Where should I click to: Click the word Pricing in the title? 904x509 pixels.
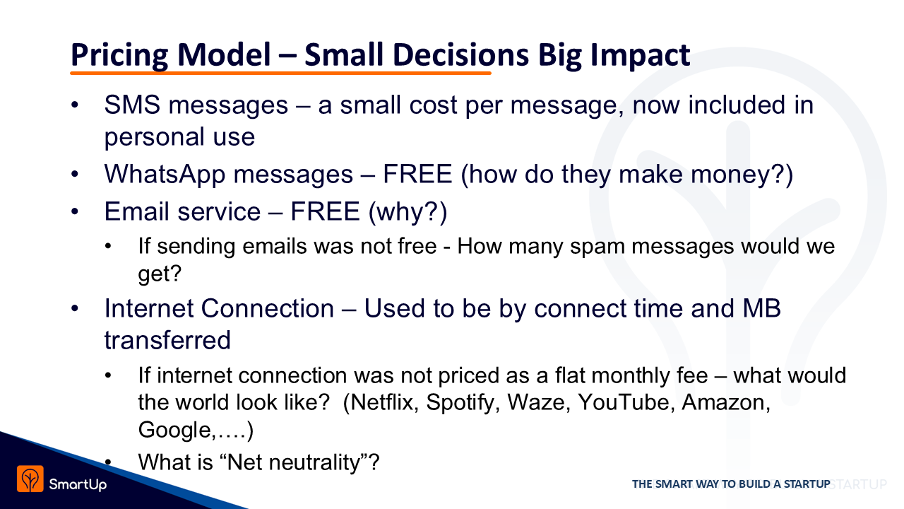[x=119, y=55]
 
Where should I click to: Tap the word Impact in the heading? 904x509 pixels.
[x=640, y=55]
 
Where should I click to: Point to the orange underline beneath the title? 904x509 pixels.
[x=280, y=73]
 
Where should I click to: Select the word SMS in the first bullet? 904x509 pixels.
[x=132, y=105]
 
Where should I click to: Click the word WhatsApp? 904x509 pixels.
[x=165, y=175]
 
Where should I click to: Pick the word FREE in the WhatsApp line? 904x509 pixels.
[x=417, y=174]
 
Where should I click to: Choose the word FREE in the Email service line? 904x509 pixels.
[x=325, y=211]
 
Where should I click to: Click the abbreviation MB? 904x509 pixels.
[x=761, y=308]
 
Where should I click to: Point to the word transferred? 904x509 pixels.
[x=167, y=340]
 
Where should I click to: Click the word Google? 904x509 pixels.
[x=174, y=431]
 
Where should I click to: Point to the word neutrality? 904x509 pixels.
[x=314, y=463]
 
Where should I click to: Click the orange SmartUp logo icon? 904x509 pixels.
[x=30, y=479]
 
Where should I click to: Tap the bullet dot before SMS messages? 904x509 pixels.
[x=75, y=105]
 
